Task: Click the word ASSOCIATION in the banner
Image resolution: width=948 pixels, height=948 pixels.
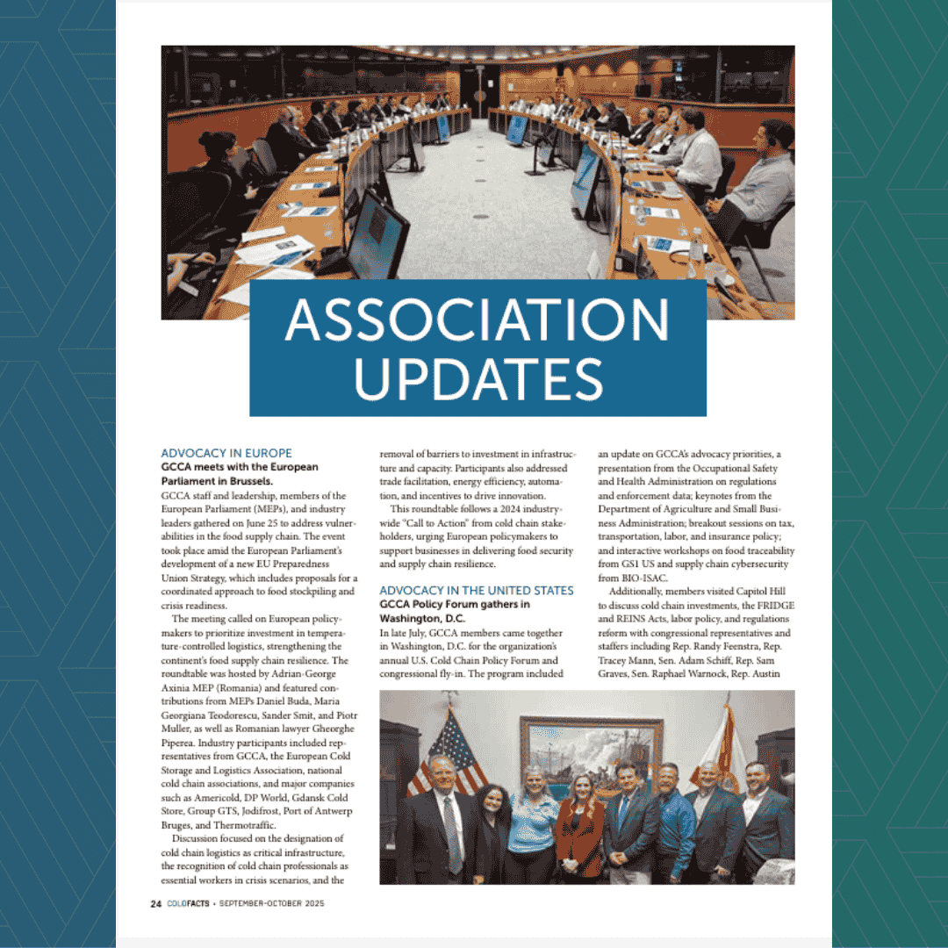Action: (477, 321)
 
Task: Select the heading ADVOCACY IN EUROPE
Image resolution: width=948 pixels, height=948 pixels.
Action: (226, 454)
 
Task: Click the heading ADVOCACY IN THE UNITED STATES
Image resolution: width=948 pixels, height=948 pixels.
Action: (477, 591)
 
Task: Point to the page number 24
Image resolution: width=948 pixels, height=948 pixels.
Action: (154, 904)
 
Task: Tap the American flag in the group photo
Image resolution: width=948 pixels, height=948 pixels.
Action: (453, 746)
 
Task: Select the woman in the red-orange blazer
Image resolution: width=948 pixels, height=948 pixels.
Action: (580, 834)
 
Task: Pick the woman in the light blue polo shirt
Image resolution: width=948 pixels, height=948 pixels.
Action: (533, 825)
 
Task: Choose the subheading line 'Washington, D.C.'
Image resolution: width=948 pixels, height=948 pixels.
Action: (423, 619)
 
